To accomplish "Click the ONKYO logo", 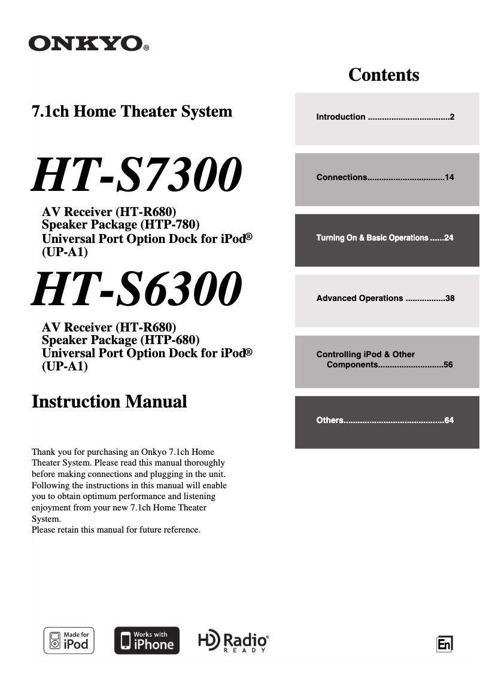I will point(87,43).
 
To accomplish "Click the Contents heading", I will point(384,75).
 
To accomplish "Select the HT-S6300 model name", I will point(137,290).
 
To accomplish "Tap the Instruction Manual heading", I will point(109,401).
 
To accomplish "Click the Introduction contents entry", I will point(341,117).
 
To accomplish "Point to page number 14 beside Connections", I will point(449,177).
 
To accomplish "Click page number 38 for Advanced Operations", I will point(449,298).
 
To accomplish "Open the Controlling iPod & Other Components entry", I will point(366,359).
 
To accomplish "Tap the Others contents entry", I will point(330,420).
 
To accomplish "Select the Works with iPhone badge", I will point(147,641).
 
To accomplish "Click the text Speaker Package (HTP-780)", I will point(120,224).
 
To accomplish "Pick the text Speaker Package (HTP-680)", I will point(120,340).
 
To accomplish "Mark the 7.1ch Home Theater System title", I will point(132,111).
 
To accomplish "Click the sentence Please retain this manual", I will point(116,530).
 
